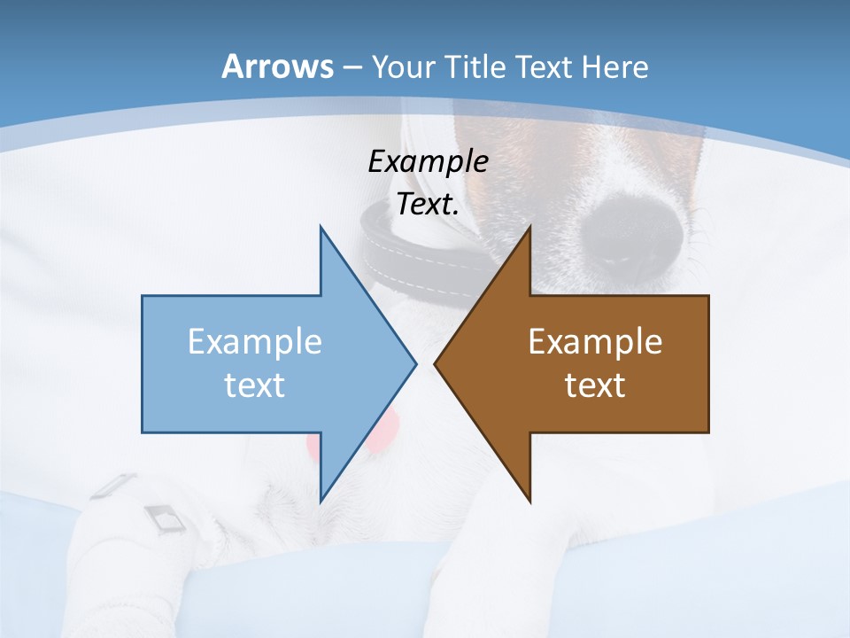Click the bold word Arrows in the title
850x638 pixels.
coord(276,66)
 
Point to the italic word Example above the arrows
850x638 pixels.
coord(428,161)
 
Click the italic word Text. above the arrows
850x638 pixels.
coord(428,204)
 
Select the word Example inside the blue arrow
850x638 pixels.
coord(255,341)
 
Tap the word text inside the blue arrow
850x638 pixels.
coord(255,385)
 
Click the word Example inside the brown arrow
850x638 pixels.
coord(595,341)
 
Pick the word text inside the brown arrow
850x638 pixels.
coord(595,385)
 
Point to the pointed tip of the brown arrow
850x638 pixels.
coord(436,363)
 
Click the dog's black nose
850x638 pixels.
coord(630,232)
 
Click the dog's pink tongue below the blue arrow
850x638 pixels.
coord(381,434)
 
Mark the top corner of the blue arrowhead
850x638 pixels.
coord(321,228)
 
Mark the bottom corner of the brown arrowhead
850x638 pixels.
coord(529,501)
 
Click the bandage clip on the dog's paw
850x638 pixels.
coord(164,518)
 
